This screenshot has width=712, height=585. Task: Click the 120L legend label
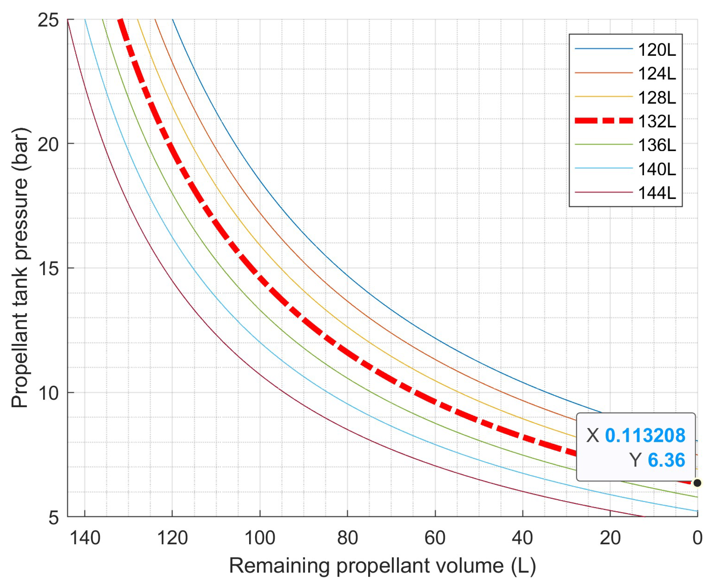[657, 50]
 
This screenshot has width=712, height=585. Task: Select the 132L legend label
[657, 121]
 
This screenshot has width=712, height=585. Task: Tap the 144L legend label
[657, 193]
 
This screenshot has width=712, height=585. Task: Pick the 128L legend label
[657, 98]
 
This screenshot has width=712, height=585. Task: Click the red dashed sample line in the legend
[604, 121]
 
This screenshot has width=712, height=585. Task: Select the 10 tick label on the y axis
[48, 393]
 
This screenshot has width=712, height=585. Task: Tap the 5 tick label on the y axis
[53, 517]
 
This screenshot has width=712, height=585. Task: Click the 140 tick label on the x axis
[85, 538]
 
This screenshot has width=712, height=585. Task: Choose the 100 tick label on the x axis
[260, 538]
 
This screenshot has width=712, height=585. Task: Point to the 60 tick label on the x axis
[435, 538]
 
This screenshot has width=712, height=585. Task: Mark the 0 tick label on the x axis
[697, 538]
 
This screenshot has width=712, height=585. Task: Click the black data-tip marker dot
[697, 483]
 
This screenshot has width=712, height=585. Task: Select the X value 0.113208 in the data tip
[645, 435]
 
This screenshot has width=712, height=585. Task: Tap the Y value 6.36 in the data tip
[666, 460]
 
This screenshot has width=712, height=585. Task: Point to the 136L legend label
[657, 145]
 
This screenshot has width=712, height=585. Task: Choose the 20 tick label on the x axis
[610, 538]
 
